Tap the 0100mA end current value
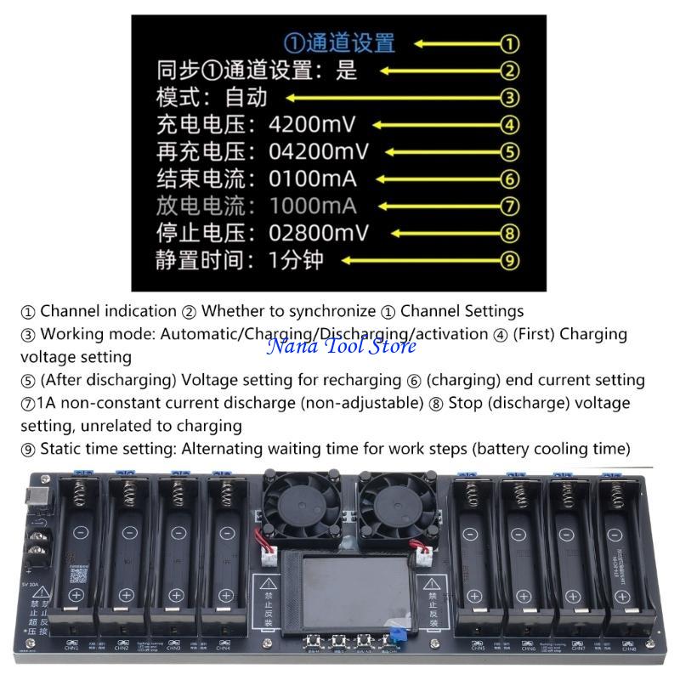(312, 179)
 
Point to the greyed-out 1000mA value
(312, 207)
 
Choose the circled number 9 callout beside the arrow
(509, 260)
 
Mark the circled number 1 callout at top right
(509, 43)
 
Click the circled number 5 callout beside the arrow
(509, 152)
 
